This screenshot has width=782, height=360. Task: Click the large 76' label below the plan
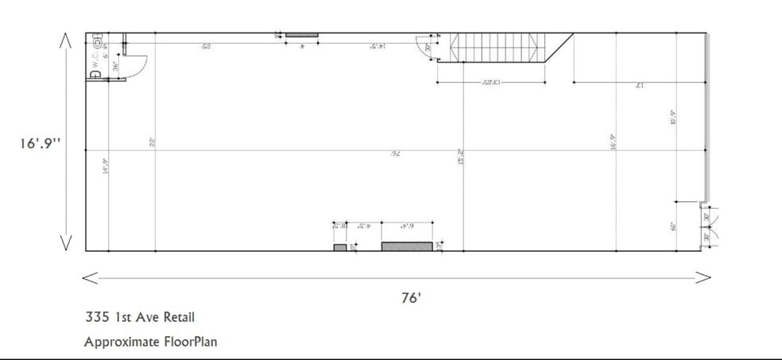[x=411, y=298]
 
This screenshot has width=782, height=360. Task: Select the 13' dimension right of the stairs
[x=638, y=85]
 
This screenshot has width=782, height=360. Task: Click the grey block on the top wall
[x=301, y=34]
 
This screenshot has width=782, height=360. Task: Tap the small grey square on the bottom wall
[x=339, y=247]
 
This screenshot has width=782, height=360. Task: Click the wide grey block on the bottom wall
[x=406, y=246]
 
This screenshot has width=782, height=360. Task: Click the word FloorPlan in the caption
[x=186, y=343]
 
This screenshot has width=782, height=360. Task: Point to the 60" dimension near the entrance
[x=672, y=226]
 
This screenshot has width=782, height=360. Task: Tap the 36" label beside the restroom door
[x=116, y=67]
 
